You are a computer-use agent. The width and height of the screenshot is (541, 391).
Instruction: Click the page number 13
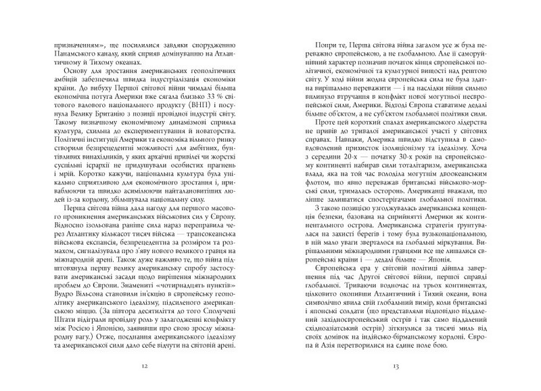coord(397,367)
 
